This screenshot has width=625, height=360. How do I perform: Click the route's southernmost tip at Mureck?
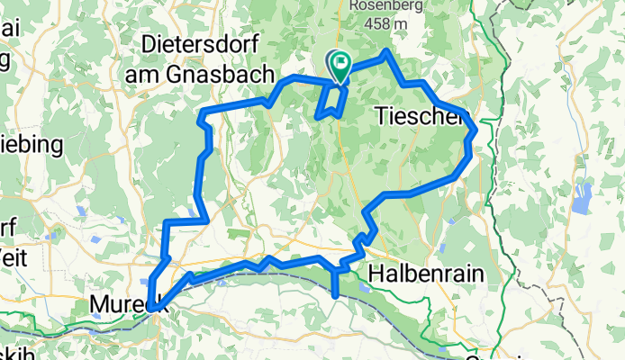(152, 309)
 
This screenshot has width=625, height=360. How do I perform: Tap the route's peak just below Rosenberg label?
(386, 51)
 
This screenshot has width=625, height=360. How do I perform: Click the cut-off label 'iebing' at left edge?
(32, 144)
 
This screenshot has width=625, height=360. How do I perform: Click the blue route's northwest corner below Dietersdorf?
(203, 112)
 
